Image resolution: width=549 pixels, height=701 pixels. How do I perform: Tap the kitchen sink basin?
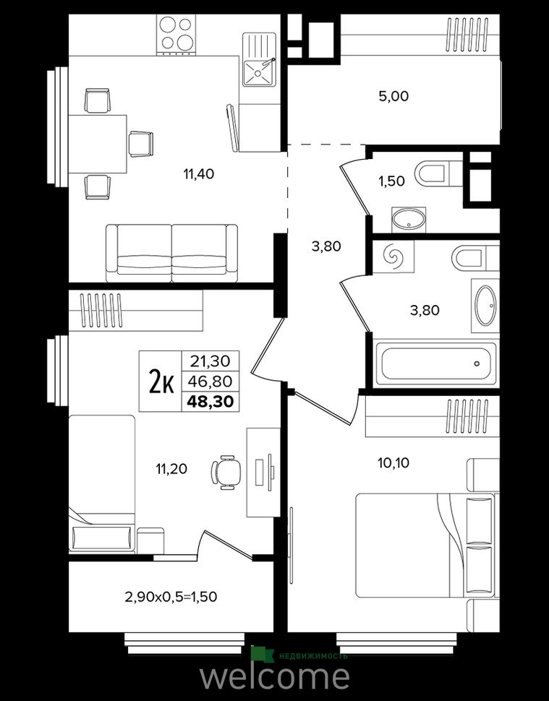click(258, 72)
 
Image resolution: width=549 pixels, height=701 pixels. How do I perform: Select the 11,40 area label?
click(199, 173)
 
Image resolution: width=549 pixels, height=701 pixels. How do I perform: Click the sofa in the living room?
click(172, 253)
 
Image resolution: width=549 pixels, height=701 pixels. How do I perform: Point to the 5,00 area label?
click(393, 96)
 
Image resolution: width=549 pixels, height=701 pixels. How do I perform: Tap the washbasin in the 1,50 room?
click(408, 220)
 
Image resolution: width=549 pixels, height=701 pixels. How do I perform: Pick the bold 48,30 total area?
click(210, 402)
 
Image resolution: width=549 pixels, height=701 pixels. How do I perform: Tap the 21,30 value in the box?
click(210, 361)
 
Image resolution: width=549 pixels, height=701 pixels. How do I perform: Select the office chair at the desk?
click(226, 472)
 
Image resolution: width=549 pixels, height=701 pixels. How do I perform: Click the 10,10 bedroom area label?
click(393, 463)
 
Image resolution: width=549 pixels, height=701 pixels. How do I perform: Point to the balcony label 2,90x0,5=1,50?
click(171, 596)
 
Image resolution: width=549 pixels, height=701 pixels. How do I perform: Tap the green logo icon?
click(262, 654)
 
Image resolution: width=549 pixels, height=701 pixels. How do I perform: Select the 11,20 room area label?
click(171, 469)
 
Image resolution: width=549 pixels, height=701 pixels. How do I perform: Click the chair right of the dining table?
click(141, 144)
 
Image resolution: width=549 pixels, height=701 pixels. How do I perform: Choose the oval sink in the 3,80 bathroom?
click(485, 306)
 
